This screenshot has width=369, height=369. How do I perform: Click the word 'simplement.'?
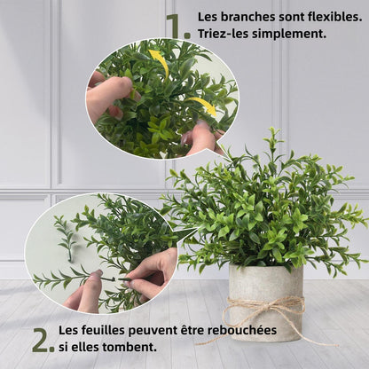pyautogui.click(x=289, y=35)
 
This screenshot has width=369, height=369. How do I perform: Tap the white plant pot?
pyautogui.click(x=265, y=304)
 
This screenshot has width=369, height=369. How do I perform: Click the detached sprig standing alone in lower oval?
pyautogui.click(x=65, y=238)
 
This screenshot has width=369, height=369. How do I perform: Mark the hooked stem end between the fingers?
pyautogui.click(x=112, y=279)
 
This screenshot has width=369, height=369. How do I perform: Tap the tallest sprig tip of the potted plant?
pyautogui.click(x=272, y=130)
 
